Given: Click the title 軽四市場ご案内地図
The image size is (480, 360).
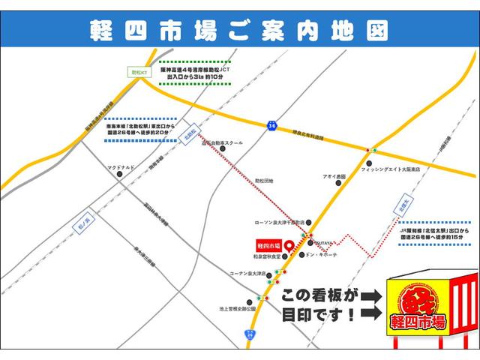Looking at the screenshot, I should [240, 31].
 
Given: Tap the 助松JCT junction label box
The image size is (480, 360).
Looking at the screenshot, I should [137, 72].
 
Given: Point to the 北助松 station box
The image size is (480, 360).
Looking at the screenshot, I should [190, 133].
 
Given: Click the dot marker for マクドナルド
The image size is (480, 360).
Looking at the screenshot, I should [120, 174].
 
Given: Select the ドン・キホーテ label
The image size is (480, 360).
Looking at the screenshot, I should [322, 255].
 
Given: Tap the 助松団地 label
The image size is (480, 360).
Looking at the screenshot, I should [264, 181].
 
